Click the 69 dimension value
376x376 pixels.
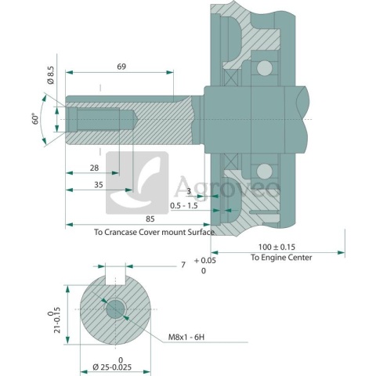[121, 67]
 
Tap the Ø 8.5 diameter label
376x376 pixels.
[51, 75]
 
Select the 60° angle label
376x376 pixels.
[35, 119]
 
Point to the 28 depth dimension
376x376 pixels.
[94, 168]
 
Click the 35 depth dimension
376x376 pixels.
[99, 185]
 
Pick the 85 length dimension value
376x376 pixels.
[150, 219]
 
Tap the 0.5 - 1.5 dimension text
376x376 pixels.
[184, 206]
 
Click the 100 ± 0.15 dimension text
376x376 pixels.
[277, 247]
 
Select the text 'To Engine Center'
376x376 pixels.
[281, 258]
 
